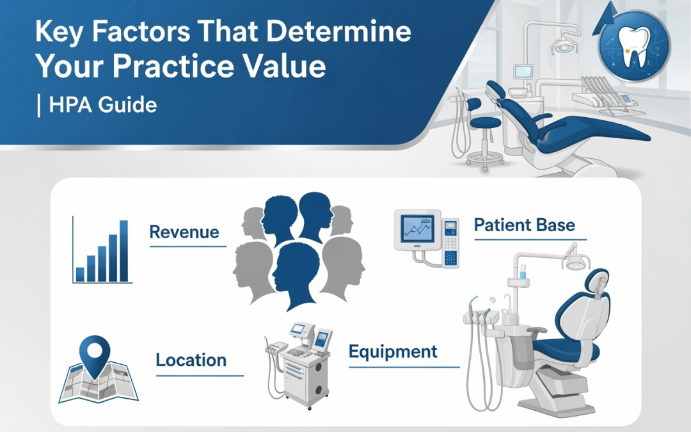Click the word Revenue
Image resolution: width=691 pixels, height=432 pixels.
click(184, 232)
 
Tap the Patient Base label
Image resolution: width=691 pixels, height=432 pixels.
click(525, 225)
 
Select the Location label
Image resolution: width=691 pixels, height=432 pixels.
click(191, 360)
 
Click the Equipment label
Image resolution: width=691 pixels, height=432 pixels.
click(393, 351)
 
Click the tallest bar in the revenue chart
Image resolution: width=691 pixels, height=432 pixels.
click(124, 251)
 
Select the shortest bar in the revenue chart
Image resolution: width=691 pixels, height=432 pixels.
click(80, 274)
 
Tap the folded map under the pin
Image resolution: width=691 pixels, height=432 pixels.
click(99, 383)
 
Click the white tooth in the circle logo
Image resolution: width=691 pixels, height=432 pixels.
click(633, 46)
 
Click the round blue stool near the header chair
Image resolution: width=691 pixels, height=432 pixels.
click(486, 122)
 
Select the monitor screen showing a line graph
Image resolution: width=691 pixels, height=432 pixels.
click(417, 228)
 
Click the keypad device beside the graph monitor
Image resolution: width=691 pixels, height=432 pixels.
click(450, 243)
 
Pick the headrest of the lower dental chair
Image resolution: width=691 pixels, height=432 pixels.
click(598, 283)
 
